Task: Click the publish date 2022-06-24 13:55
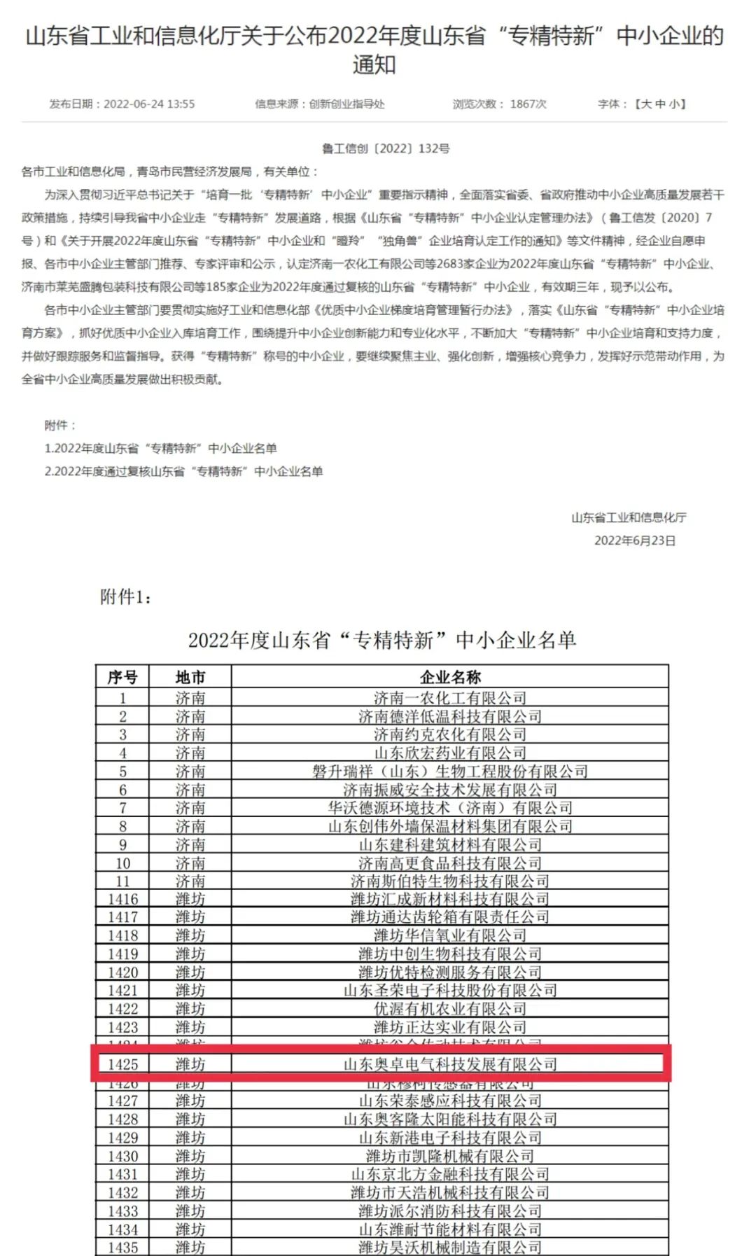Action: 149,104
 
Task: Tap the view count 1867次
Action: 528,104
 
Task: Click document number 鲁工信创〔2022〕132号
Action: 386,148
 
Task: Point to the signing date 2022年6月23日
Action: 635,540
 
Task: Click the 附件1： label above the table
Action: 126,596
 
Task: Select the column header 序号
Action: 122,677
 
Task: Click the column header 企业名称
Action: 450,677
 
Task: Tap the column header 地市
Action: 190,677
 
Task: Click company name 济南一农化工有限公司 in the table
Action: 450,698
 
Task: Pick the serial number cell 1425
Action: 122,1064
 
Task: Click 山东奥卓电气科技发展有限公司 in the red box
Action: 450,1064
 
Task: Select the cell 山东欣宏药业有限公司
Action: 450,753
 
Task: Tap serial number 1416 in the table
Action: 122,899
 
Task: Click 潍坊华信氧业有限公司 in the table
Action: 450,935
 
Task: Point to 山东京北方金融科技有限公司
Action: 450,1174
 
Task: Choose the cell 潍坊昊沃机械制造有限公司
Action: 450,1248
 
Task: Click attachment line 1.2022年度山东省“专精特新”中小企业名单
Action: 161,448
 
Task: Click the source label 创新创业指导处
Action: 347,104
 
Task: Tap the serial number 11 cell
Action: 122,881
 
